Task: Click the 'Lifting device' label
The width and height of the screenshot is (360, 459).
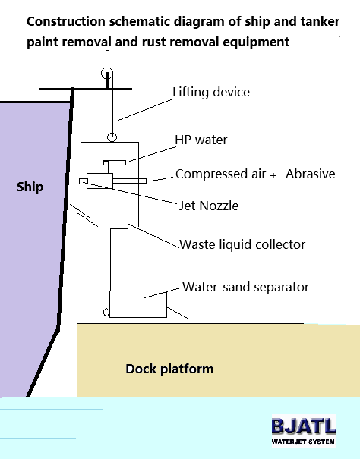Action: coord(211,92)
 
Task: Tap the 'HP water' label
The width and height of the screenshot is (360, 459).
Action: coord(201,140)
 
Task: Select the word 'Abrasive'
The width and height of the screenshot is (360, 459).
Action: coord(311,174)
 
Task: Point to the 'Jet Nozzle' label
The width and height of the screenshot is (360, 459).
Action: coord(209,206)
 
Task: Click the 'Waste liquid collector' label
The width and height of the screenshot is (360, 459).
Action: coord(242,245)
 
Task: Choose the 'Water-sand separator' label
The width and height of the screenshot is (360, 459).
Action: coord(245,287)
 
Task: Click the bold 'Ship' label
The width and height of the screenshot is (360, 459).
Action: coord(30,187)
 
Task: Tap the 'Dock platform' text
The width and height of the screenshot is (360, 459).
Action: coord(169,369)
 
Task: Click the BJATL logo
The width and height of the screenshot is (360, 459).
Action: coord(304,431)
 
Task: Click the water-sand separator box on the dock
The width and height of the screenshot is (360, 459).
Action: coord(138,304)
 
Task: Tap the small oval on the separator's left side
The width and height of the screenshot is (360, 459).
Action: coord(106,313)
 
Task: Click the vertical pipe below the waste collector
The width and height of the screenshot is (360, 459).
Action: coord(119,259)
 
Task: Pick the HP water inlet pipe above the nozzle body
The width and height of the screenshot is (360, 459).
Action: coord(114,163)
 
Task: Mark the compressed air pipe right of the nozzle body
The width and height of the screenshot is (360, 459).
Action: coord(129,181)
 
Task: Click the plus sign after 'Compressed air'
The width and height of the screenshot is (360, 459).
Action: coord(273,175)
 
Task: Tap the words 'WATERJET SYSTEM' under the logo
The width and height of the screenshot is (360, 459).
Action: coord(303,442)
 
